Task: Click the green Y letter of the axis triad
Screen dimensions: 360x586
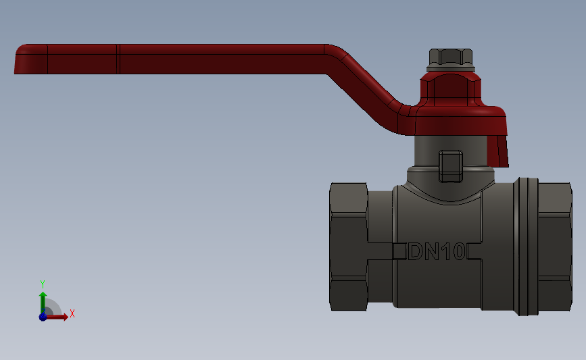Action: point(43,284)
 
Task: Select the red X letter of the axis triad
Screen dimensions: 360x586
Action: point(72,313)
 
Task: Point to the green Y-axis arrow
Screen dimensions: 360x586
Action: point(43,301)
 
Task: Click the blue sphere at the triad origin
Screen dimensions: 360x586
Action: point(43,316)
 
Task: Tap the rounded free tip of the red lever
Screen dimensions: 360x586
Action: point(20,59)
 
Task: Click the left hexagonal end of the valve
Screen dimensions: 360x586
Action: point(348,247)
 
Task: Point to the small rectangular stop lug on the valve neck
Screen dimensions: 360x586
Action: point(451,166)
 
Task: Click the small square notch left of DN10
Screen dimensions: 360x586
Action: point(399,251)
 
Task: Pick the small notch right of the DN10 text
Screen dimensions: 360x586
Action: point(472,251)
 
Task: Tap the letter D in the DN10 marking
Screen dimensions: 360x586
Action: point(416,252)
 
